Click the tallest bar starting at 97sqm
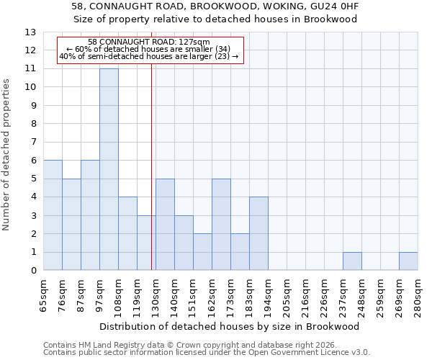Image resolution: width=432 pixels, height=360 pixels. tap(109, 169)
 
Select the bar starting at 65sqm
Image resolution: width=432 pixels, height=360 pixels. tap(53, 215)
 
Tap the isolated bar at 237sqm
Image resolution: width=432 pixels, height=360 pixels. tap(352, 261)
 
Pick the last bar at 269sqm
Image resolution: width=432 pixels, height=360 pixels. tap(408, 261)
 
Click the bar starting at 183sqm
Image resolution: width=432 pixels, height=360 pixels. tap(258, 234)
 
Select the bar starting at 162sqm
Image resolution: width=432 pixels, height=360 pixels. tap(221, 225)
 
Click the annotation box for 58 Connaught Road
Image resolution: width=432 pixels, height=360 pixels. tap(149, 50)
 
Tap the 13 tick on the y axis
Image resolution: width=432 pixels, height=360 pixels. tap(30, 32)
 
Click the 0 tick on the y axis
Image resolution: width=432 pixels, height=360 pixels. tap(33, 271)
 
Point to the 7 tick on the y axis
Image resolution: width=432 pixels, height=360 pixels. tap(33, 143)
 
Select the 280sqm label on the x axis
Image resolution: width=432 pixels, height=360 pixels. tap(418, 296)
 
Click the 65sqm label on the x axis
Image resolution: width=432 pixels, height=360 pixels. tap(44, 296)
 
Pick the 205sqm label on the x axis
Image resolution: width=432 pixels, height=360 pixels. tap(287, 296)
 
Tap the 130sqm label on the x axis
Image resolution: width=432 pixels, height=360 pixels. tap(156, 296)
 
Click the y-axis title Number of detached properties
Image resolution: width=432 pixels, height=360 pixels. tap(7, 155)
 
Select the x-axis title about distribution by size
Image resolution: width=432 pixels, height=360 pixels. tap(230, 326)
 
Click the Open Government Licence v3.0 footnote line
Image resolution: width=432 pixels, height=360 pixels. tap(207, 353)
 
